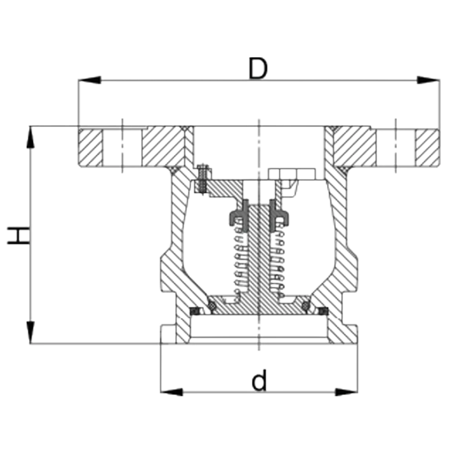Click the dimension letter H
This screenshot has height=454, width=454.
[18, 235]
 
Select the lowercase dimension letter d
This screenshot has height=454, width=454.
[259, 380]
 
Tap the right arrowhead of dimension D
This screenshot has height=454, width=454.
[428, 80]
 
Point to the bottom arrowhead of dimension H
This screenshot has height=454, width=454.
[30, 332]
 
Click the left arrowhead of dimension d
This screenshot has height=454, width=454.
[172, 392]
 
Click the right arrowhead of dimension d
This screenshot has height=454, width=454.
[346, 392]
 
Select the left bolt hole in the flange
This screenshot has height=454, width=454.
[122, 148]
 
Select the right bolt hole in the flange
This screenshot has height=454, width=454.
[395, 148]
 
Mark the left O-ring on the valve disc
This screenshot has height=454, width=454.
[212, 306]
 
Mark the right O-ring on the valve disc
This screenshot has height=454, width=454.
[306, 306]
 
